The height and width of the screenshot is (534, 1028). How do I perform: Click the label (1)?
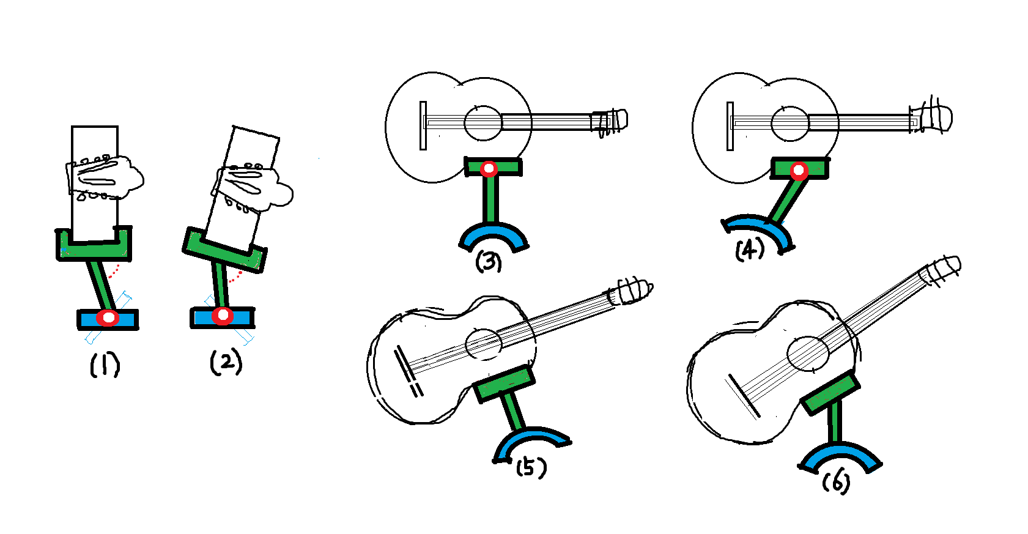pyautogui.click(x=105, y=365)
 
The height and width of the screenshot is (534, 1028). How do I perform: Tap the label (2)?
pyautogui.click(x=226, y=362)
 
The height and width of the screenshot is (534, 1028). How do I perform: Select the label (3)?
pyautogui.click(x=488, y=261)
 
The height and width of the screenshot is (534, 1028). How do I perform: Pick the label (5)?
pyautogui.click(x=531, y=468)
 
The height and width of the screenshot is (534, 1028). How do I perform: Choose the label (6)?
pyautogui.click(x=836, y=483)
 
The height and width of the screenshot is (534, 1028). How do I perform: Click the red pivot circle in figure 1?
pyautogui.click(x=108, y=317)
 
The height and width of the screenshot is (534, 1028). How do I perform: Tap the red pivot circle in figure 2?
pyautogui.click(x=223, y=316)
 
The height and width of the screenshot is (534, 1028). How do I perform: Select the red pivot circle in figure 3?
pyautogui.click(x=489, y=169)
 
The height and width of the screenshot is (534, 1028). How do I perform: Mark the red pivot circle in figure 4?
pyautogui.click(x=799, y=171)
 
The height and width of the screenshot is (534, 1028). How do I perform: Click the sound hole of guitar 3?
pyautogui.click(x=483, y=122)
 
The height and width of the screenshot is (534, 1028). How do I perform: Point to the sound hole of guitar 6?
pyautogui.click(x=808, y=354)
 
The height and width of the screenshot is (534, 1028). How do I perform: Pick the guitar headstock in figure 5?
pyautogui.click(x=630, y=291)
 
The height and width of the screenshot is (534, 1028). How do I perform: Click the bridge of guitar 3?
pyautogui.click(x=423, y=125)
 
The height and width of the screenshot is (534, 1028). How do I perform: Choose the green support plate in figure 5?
pyautogui.click(x=504, y=384)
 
